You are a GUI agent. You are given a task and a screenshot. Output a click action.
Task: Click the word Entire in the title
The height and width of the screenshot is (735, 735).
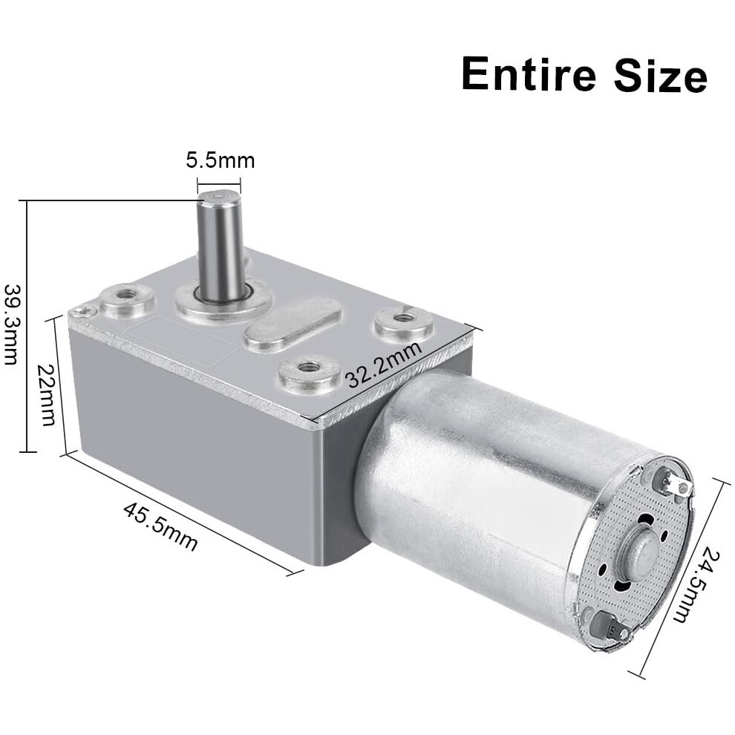pyautogui.click(x=529, y=74)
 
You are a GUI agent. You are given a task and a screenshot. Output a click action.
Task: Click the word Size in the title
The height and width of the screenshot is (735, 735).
pyautogui.click(x=661, y=74)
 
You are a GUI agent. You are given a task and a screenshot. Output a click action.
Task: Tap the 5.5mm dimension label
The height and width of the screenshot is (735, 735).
pyautogui.click(x=220, y=160)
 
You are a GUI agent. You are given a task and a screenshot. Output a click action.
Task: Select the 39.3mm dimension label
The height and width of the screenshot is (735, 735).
pyautogui.click(x=11, y=324)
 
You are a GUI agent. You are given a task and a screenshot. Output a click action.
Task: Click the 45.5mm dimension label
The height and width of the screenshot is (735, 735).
pyautogui.click(x=160, y=526)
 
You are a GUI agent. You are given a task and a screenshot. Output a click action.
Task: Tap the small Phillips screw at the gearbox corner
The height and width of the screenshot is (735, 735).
pyautogui.click(x=84, y=310)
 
